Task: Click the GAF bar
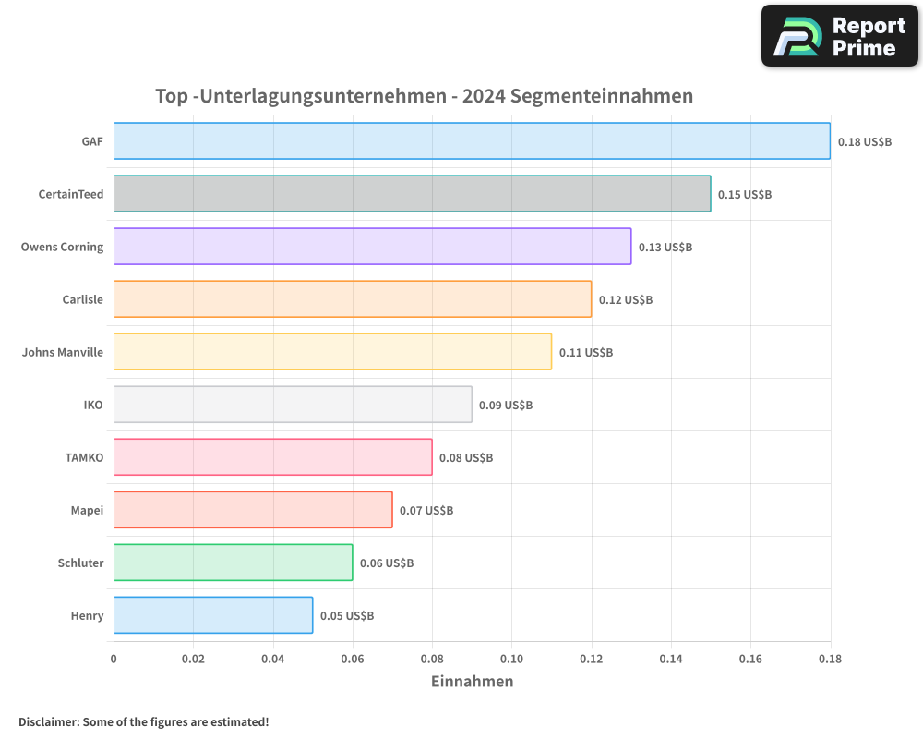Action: coord(472,141)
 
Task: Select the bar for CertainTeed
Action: coord(412,194)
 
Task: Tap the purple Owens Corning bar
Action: coord(372,247)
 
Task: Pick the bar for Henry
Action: coord(213,615)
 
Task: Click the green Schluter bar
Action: coord(233,563)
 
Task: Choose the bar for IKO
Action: coord(293,405)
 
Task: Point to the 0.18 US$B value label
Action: coord(865,142)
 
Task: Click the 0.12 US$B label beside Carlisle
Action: coord(626,300)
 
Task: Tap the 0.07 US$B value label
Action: coord(426,511)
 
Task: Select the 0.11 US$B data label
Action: coord(586,353)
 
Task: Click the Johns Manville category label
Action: coord(63,352)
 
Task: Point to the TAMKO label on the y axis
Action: coord(84,457)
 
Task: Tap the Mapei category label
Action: coord(87,510)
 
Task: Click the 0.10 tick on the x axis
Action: coord(511,659)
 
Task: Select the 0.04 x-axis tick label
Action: coord(273,659)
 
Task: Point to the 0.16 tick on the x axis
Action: coord(750,659)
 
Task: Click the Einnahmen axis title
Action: coord(472,682)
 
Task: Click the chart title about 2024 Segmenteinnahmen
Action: coord(424,96)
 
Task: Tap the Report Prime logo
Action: coord(839,36)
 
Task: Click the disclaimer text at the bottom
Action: coord(144,721)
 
